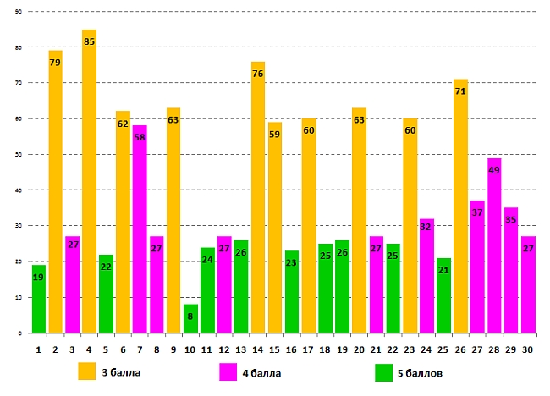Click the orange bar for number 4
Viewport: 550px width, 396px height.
click(89, 181)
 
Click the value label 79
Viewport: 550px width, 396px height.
click(56, 63)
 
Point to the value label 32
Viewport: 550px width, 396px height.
click(426, 227)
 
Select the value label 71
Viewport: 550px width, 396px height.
click(460, 91)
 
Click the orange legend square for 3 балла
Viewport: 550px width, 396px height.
click(88, 371)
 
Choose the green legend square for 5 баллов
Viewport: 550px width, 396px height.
click(384, 371)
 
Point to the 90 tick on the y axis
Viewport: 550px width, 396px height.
click(19, 12)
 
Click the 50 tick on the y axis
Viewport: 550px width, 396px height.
click(19, 155)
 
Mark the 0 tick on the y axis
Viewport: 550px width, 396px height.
click(20, 333)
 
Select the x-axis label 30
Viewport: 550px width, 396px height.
click(528, 347)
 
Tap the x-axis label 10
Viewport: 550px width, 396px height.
click(190, 347)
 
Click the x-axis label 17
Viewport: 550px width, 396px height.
click(309, 347)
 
